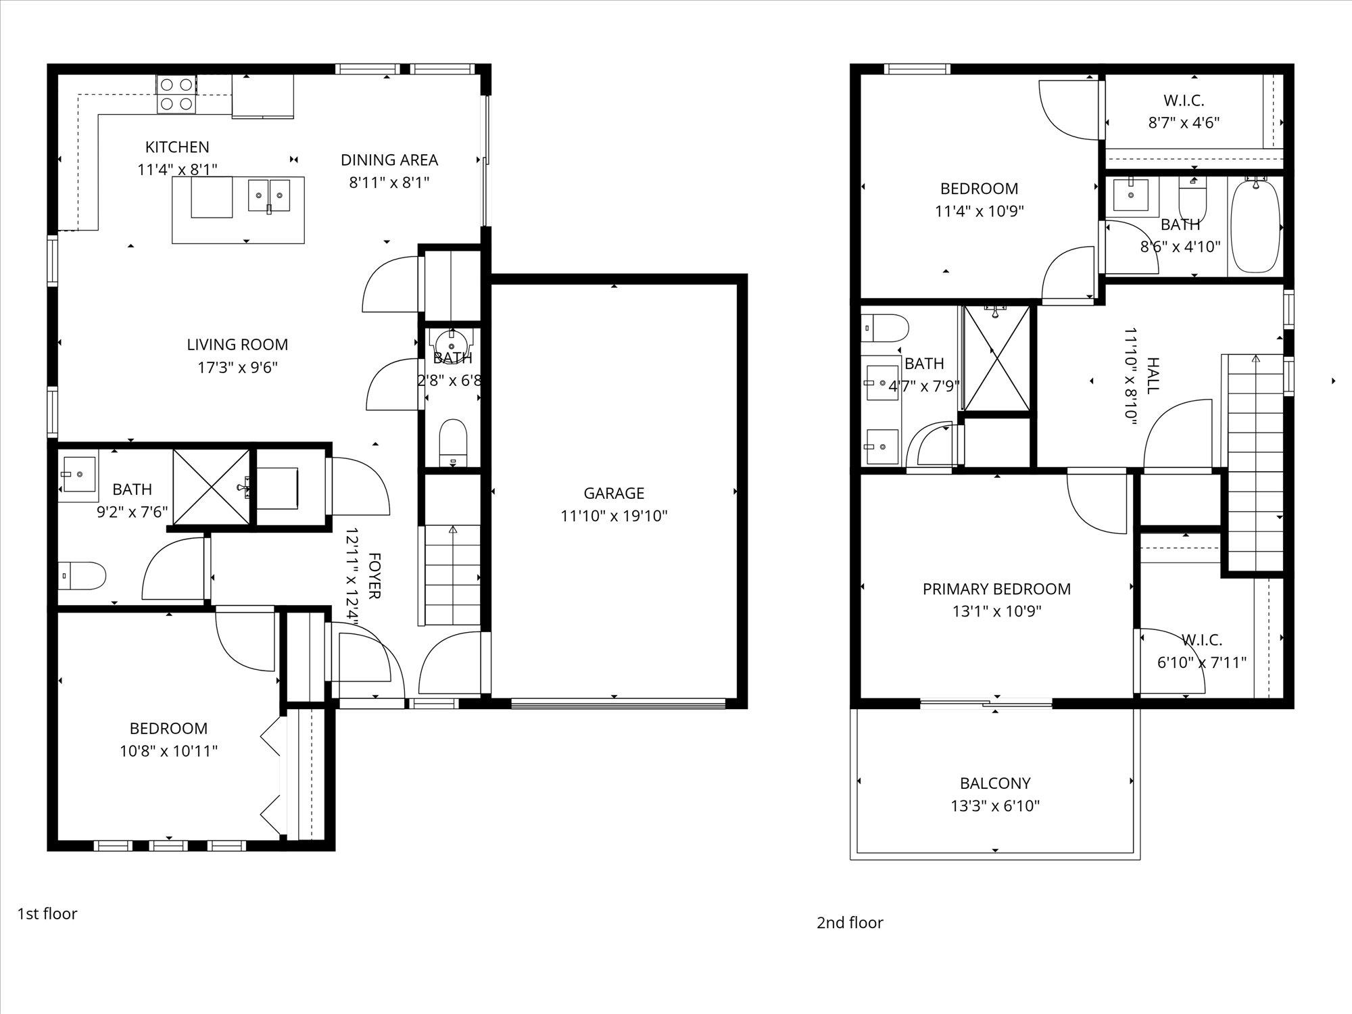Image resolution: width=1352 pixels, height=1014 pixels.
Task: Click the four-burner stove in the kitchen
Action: pos(177,94)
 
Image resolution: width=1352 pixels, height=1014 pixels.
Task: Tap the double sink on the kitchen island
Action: pos(269,196)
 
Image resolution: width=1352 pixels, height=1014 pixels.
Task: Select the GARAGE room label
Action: pos(614,493)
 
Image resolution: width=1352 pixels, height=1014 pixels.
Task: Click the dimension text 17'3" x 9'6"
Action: pos(237,368)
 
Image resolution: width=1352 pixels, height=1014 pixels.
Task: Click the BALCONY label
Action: pos(995,783)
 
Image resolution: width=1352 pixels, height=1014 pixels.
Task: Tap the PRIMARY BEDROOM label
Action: pos(996,589)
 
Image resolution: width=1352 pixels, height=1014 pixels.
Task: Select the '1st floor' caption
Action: pos(47,914)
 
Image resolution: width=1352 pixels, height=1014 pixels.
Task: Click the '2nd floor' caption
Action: pos(850,923)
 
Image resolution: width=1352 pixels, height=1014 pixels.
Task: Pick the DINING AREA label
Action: pos(389,160)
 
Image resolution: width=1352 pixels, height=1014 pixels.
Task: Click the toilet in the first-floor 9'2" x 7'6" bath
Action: pos(82,576)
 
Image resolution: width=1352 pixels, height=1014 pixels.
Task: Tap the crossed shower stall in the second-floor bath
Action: pos(997,358)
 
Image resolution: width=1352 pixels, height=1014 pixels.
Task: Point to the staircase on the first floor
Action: pos(452,575)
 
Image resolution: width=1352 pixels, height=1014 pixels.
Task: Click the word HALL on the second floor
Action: pos(1153,376)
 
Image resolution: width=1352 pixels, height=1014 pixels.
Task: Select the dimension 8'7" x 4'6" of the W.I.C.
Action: pos(1184,123)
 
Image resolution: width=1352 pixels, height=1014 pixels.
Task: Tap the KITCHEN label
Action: pos(177,147)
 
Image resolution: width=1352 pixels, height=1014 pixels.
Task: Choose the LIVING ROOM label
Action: pos(237,345)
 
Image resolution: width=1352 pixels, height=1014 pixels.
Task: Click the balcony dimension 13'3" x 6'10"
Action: pos(995,806)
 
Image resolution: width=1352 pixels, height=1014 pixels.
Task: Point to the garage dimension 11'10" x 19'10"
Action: pos(614,516)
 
